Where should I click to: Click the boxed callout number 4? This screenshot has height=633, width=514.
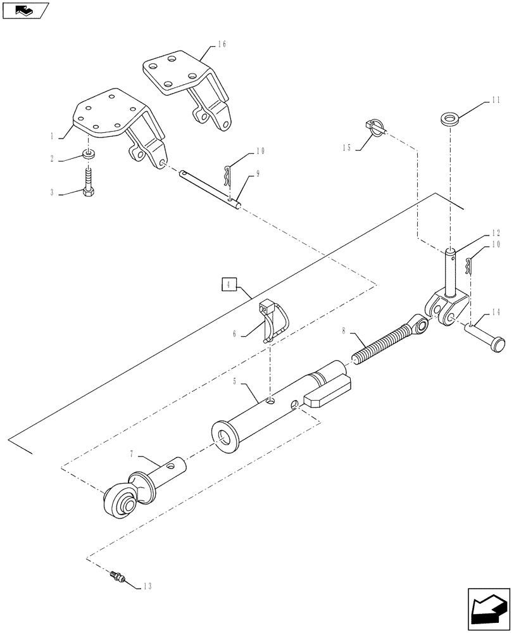point(229,284)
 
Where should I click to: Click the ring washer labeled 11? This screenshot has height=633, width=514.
point(449,119)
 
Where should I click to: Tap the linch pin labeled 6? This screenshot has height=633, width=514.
point(272,321)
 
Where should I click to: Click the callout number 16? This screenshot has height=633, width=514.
point(222,44)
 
